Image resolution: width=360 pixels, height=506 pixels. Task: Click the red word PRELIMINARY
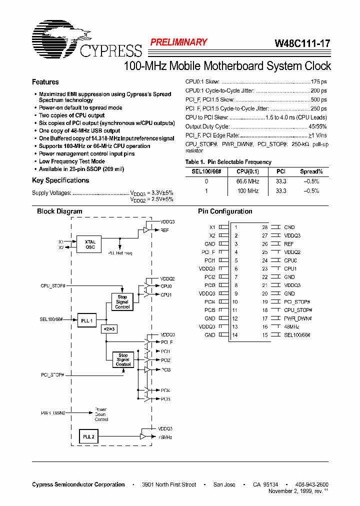[178, 42]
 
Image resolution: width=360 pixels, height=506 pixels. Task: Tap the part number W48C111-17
[302, 43]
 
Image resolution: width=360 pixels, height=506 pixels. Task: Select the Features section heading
[45, 82]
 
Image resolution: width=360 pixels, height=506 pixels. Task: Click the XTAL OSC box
[90, 244]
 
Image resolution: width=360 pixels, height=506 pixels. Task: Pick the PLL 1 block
[87, 320]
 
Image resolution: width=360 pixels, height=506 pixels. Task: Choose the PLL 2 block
[89, 436]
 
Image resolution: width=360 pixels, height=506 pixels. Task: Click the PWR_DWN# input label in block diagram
[53, 413]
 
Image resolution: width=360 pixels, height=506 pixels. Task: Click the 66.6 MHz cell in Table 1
[247, 181]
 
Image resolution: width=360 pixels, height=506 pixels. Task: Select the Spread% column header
[311, 171]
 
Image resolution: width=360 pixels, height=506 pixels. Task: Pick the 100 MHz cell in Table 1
[247, 191]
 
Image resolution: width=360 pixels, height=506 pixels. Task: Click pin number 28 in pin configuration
[265, 227]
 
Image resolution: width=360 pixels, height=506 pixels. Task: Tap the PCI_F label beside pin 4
[208, 252]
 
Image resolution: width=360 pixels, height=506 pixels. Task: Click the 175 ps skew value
[318, 81]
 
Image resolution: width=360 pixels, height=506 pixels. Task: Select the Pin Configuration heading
[225, 211]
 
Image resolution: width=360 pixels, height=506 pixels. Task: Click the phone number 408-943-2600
[311, 484]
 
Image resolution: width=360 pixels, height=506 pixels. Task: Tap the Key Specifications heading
[60, 180]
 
